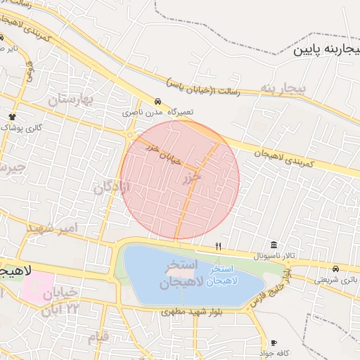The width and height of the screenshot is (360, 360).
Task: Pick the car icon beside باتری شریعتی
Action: tap(336, 269)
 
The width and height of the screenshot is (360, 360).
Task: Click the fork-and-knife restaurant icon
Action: tap(218, 247)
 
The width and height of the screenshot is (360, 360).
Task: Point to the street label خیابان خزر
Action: tap(163, 155)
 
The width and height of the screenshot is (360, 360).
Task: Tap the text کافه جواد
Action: tap(274, 352)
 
